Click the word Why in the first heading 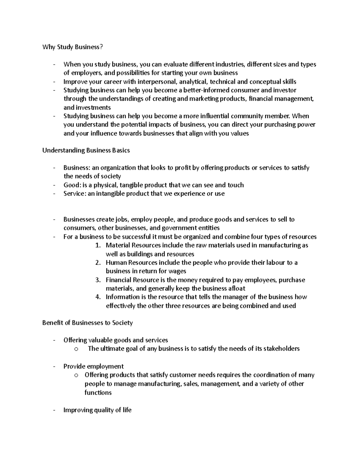click(x=49, y=47)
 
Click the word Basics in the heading click(x=121, y=150)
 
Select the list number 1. click(x=97, y=245)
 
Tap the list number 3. click(x=97, y=280)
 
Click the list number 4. click(x=97, y=297)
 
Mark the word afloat click(x=235, y=289)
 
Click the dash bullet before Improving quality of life click(x=54, y=410)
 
